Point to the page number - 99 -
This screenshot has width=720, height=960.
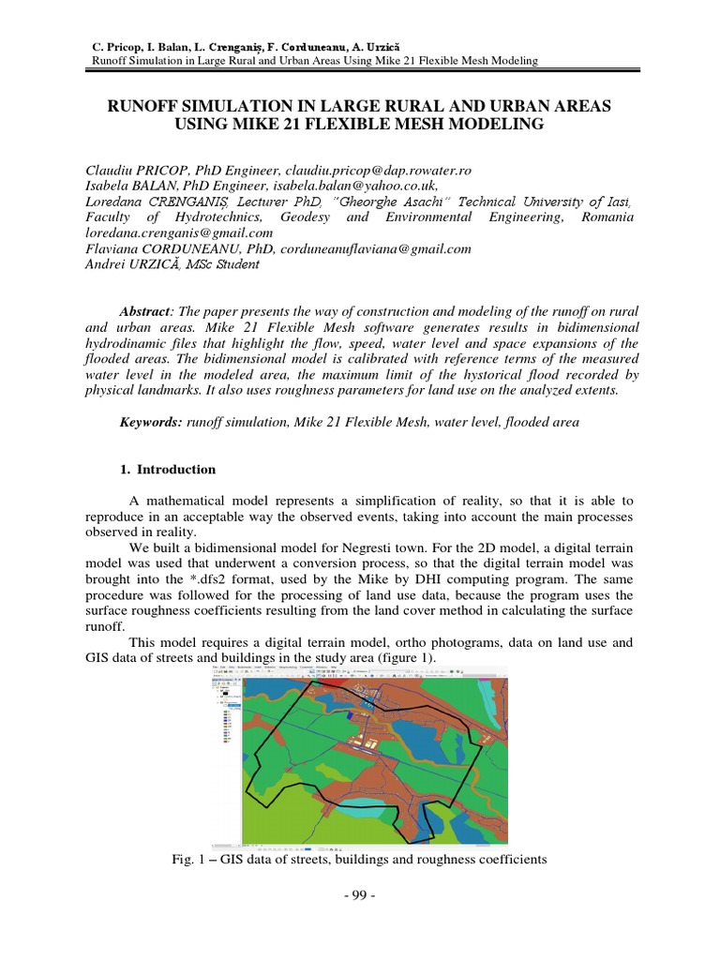359,896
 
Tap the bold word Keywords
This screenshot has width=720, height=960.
151,423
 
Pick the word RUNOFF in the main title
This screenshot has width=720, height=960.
154,107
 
